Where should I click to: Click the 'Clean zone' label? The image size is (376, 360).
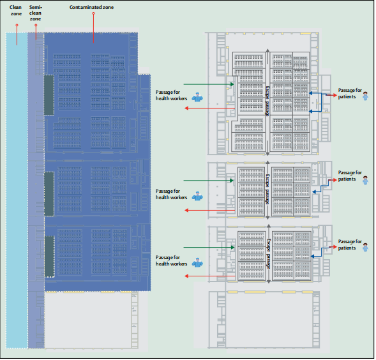click(16, 10)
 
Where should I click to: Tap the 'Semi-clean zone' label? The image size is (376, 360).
click(36, 13)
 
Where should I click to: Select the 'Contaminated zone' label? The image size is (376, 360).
click(91, 7)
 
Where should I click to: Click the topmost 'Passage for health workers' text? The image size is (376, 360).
click(171, 96)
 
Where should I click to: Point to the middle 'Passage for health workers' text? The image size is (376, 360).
click(171, 194)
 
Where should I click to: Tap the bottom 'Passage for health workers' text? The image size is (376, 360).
click(171, 260)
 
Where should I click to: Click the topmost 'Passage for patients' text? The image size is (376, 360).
click(350, 94)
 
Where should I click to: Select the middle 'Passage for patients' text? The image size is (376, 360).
click(350, 176)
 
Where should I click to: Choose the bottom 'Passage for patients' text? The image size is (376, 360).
click(350, 244)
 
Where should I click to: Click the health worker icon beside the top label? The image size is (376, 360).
click(197, 97)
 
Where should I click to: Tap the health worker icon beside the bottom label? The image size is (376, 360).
click(197, 262)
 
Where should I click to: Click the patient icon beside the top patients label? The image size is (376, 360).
click(365, 96)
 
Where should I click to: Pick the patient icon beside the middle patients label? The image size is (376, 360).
click(365, 181)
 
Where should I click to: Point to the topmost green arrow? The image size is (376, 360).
click(209, 84)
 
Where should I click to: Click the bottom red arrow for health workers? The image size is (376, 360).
click(210, 276)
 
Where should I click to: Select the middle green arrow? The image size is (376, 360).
click(209, 181)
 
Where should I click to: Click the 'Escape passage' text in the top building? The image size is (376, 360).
click(267, 101)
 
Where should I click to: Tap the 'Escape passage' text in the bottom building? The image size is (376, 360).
click(269, 254)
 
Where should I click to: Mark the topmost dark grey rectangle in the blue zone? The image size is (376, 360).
click(49, 95)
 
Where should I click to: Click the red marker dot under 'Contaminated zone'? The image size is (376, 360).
click(93, 13)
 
